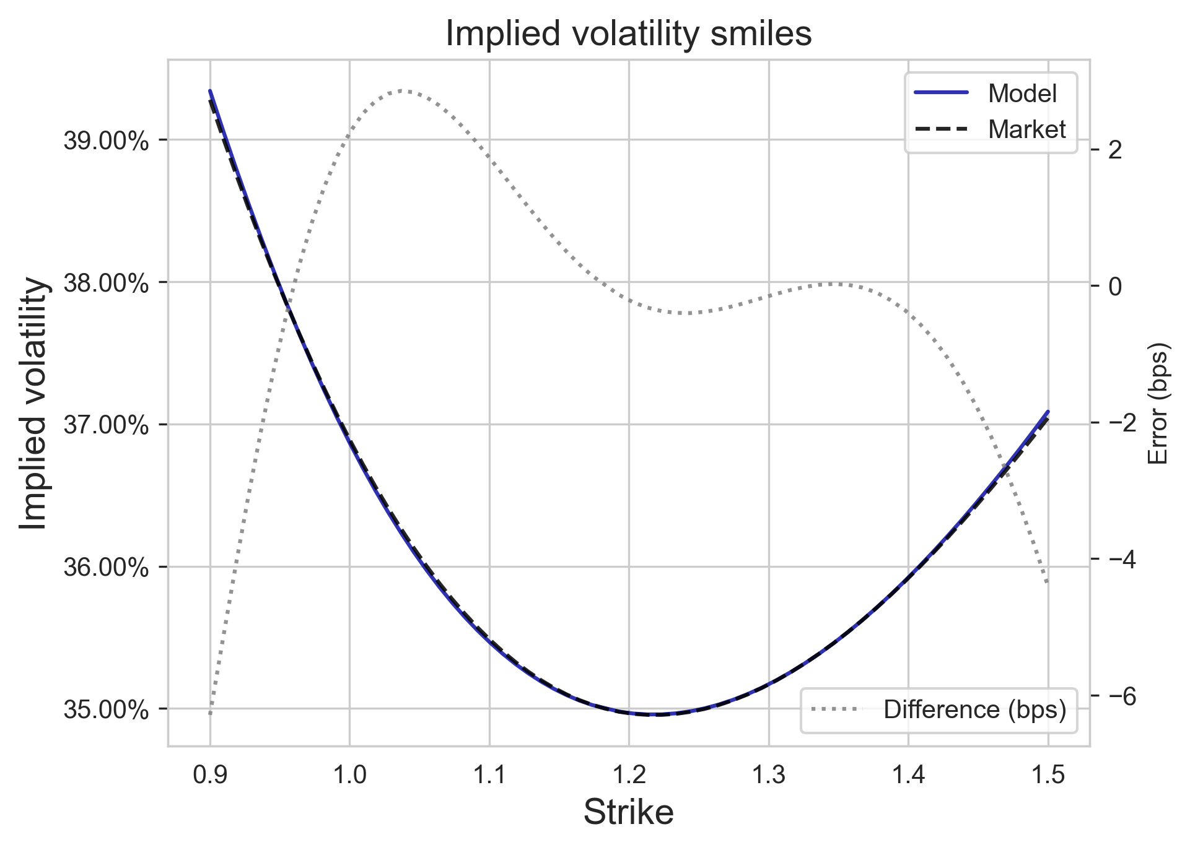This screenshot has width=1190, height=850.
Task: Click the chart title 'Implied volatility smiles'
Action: coord(628,34)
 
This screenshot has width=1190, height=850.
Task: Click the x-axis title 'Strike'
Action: coord(628,812)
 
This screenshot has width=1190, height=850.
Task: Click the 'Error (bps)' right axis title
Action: coord(1157,403)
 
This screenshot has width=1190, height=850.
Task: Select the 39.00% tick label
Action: coord(106,141)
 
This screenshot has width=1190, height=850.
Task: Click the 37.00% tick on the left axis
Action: coord(106,425)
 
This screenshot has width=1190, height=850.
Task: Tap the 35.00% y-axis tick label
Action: coord(106,709)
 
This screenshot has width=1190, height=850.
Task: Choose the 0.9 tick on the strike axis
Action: coord(210,775)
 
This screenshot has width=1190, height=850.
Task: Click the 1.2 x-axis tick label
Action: coord(629,775)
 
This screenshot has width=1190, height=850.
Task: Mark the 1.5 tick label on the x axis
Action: coord(1048,775)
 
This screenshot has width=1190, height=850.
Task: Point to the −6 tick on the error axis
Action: coord(1119,697)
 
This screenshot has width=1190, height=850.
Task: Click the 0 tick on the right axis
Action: coord(1115,287)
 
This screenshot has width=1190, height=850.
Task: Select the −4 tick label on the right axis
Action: coord(1119,560)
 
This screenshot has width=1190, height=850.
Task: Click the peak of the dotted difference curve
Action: coord(404,90)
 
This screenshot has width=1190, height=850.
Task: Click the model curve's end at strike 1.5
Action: coord(1048,411)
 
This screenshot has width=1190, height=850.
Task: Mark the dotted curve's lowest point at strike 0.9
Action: coord(211,713)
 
